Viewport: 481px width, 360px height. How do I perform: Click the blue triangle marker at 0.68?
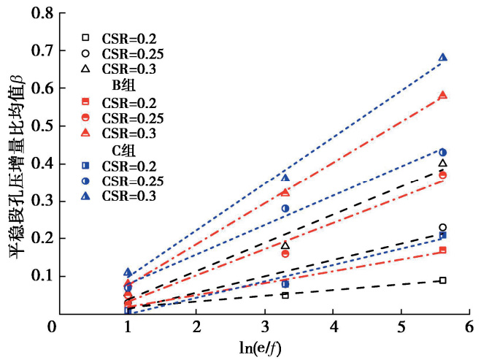(443, 58)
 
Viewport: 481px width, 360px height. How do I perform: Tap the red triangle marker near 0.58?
(443, 96)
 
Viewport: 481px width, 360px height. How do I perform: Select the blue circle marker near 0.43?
(443, 152)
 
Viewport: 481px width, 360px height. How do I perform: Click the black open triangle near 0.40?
(443, 164)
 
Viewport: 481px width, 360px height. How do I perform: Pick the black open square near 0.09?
(443, 280)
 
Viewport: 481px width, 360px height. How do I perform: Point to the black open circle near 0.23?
(443, 227)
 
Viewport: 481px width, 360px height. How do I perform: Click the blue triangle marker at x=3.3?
(285, 178)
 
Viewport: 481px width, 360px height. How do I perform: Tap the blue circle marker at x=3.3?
(285, 208)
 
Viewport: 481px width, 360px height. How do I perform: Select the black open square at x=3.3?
(285, 295)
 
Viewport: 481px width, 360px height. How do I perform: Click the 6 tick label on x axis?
(470, 326)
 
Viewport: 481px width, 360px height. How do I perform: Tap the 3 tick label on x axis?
(265, 326)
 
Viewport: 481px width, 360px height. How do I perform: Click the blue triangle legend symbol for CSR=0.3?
(85, 196)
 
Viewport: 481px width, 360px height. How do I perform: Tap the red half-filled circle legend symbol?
(85, 117)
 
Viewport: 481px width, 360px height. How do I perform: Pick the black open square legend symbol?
(85, 37)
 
